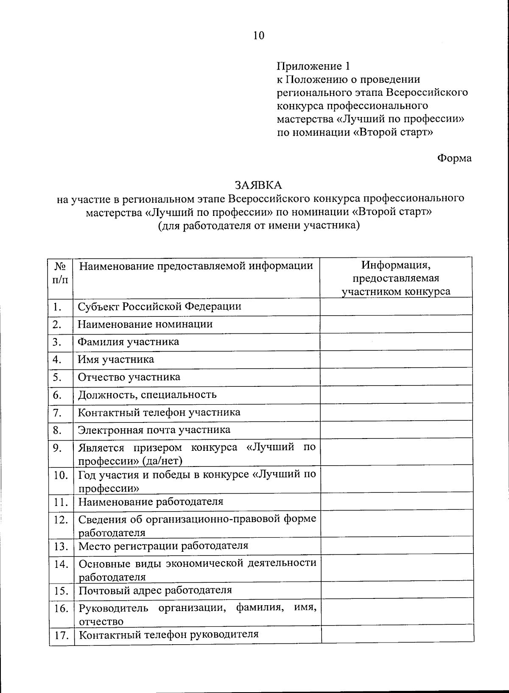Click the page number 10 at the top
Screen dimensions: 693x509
point(259,36)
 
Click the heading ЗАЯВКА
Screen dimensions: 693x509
point(258,185)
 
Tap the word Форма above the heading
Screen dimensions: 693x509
point(454,158)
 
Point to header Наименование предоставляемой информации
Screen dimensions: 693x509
point(196,266)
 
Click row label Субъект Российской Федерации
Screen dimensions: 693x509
point(159,306)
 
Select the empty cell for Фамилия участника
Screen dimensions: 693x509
point(396,341)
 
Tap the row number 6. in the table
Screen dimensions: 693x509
point(58,395)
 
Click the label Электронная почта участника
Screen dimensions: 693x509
point(154,430)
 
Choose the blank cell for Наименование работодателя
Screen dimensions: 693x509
point(396,502)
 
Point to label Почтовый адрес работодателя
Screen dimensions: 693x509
point(155,590)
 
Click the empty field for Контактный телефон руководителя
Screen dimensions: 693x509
point(397,635)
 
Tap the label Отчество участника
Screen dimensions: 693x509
point(129,377)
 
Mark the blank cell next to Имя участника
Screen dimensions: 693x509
point(396,359)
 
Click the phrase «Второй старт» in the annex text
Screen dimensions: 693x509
point(393,132)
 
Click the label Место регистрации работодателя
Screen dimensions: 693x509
point(163,546)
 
